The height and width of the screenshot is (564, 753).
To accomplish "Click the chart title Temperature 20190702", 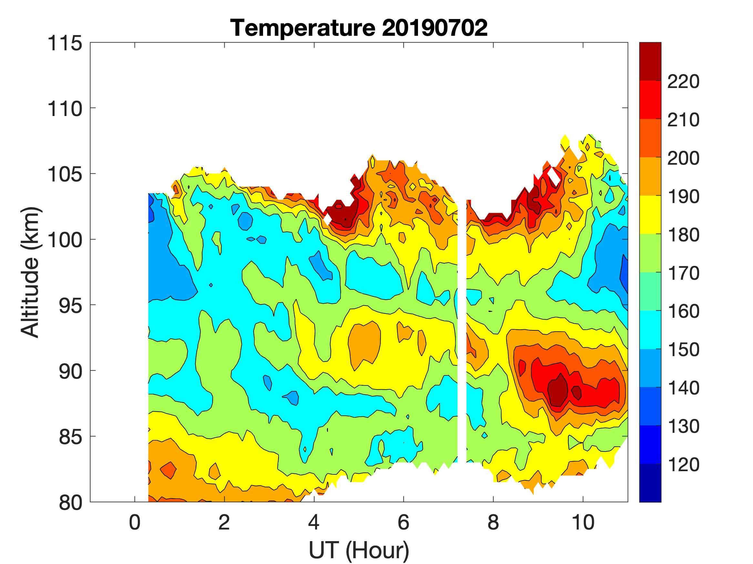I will coord(359,28).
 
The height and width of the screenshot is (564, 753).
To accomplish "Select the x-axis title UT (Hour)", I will coord(359,550).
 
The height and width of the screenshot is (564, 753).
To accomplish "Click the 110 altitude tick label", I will coord(65,109).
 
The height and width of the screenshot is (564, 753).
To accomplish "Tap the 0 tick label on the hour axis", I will coord(135,522).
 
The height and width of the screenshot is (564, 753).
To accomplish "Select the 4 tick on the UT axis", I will coord(314,522).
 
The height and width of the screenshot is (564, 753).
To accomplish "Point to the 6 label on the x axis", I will coord(403,522).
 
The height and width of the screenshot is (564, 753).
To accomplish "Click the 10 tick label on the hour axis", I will coord(583,522).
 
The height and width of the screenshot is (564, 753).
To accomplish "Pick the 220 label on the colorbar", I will coord(683,82).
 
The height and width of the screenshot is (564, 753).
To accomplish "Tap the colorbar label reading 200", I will coord(683,158).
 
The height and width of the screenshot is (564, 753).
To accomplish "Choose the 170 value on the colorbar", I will coord(683,273).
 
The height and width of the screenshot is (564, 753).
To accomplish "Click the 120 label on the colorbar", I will coord(683,464).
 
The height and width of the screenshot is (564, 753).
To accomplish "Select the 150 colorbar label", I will coord(683,349).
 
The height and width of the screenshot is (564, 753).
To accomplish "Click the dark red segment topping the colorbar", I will coord(650,61).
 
